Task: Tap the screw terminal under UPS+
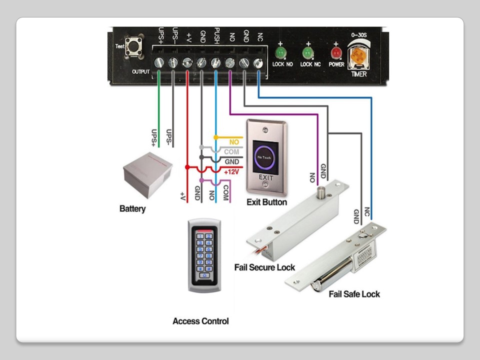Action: (x=159, y=62)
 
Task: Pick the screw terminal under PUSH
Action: (x=215, y=62)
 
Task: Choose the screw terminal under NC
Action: (x=258, y=62)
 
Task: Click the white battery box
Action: (x=147, y=172)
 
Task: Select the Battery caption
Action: (x=132, y=208)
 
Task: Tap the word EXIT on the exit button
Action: (x=266, y=178)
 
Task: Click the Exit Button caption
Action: (x=266, y=202)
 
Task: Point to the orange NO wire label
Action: (x=234, y=142)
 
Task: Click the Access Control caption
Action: (x=200, y=321)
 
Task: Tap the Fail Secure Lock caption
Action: (x=264, y=267)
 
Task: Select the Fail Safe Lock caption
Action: (x=354, y=294)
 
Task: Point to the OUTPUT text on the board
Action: (x=141, y=72)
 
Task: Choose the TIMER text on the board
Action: (x=359, y=74)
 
